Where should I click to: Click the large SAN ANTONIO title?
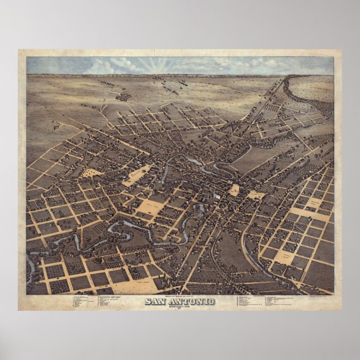point(179,302)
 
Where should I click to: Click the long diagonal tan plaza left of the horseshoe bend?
point(136,175)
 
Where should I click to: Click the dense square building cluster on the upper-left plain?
point(123,97)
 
